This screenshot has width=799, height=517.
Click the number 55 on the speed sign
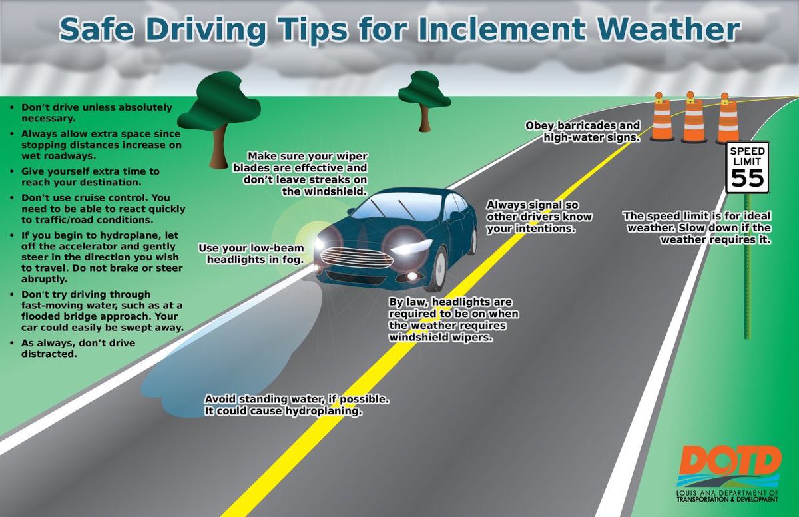tap(748, 177)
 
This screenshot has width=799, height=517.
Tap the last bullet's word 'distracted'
tap(50, 354)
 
